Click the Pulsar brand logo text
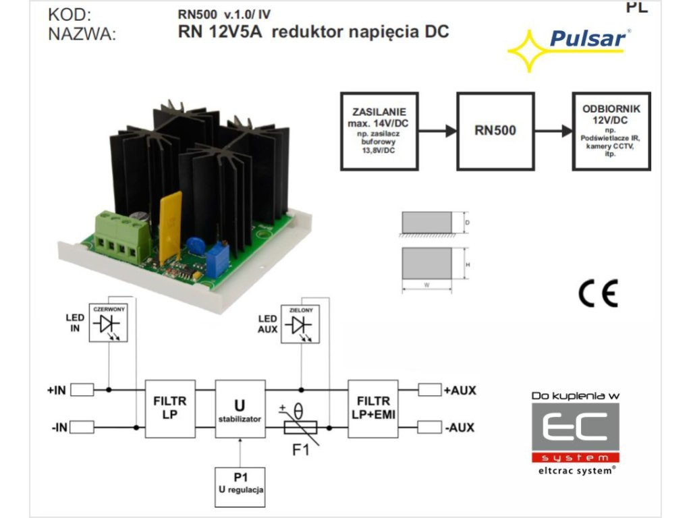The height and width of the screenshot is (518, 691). [588, 38]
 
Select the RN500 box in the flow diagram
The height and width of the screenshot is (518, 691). [495, 130]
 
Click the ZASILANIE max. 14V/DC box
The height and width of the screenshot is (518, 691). [379, 130]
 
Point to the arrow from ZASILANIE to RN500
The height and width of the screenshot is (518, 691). [437, 131]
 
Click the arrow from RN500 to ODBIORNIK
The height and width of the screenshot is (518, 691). [553, 131]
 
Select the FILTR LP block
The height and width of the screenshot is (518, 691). [169, 409]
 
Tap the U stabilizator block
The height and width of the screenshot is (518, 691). [240, 409]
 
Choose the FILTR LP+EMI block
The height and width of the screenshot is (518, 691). [372, 409]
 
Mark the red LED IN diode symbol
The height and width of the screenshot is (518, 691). [109, 324]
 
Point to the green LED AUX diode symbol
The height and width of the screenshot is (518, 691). [301, 324]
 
